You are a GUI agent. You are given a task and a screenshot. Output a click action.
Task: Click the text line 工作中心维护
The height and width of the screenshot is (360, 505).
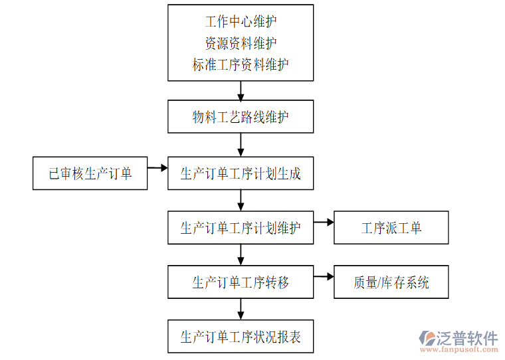tap(241, 22)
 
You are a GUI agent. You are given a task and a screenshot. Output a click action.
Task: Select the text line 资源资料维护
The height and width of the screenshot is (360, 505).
tap(241, 43)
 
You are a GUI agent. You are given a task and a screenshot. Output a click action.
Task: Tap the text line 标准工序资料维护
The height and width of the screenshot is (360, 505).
tap(241, 64)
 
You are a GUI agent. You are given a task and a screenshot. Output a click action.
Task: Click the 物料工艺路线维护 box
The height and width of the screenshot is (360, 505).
tap(241, 118)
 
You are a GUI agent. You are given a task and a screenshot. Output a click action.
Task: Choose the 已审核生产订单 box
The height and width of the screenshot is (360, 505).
tap(90, 173)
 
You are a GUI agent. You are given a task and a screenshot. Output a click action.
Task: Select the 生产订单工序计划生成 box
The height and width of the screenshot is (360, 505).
tap(241, 173)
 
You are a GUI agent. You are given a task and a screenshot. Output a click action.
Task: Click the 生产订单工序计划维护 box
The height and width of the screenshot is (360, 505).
tap(241, 228)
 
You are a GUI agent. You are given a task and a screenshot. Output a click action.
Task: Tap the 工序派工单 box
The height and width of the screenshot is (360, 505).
tap(391, 228)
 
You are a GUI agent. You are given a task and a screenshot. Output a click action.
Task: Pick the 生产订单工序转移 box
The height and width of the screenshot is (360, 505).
tap(241, 282)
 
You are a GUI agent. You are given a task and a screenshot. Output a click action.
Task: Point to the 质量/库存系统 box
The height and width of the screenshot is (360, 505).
tap(391, 282)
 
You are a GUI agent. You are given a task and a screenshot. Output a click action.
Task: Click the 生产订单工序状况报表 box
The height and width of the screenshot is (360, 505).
tap(241, 337)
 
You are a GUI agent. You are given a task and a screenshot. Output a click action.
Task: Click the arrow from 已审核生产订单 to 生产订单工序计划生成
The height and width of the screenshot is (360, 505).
tap(157, 168)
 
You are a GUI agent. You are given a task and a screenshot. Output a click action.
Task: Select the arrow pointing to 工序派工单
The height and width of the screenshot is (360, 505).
tap(324, 223)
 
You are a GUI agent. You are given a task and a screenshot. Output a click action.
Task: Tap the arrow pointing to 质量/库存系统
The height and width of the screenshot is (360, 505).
tap(324, 276)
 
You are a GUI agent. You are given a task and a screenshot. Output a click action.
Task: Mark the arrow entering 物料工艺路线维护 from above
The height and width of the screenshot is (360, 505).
tap(241, 90)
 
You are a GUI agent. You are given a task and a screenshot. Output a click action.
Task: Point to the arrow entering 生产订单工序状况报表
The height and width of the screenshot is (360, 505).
tap(241, 309)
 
